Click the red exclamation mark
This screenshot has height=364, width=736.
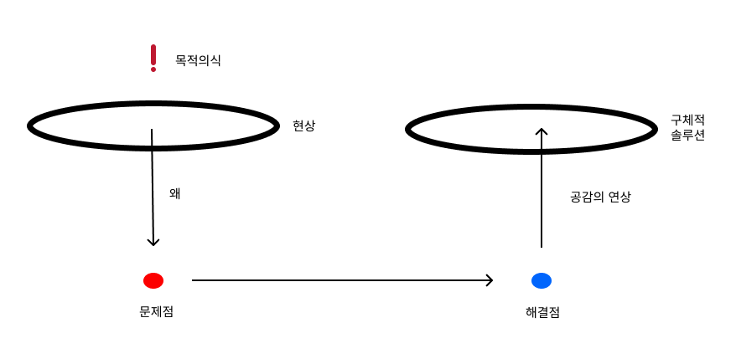(x=153, y=56)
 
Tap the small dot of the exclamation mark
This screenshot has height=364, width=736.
(x=153, y=69)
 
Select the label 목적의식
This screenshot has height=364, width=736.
(x=198, y=60)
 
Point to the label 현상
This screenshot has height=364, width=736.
(x=304, y=126)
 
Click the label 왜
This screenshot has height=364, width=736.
(x=175, y=193)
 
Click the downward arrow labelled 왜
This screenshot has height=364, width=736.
(x=153, y=188)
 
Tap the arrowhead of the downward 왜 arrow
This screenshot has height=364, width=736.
(x=153, y=242)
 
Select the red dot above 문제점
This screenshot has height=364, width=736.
(x=153, y=280)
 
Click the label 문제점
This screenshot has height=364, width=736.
(x=157, y=312)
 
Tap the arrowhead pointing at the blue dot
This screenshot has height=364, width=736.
(x=489, y=280)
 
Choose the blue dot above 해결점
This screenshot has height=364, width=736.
(x=542, y=280)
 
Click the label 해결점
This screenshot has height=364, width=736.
(x=542, y=313)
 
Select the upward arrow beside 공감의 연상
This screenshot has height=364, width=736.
(x=542, y=188)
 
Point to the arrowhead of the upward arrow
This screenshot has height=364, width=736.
(x=542, y=132)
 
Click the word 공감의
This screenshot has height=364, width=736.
(x=587, y=198)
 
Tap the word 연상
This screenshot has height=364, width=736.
(x=619, y=198)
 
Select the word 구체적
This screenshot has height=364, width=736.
(x=687, y=120)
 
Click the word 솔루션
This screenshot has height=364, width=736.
(x=687, y=134)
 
